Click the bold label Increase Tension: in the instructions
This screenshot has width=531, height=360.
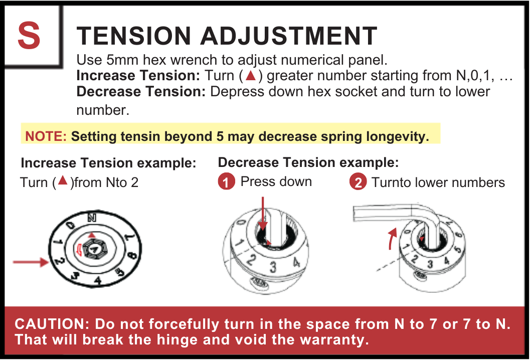point(138,76)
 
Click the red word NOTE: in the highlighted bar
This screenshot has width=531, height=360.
point(46,136)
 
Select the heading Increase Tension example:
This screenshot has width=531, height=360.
point(108,163)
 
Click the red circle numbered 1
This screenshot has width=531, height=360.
point(227,183)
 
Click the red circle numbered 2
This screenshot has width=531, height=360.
point(358,183)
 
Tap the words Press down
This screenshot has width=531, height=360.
point(276,182)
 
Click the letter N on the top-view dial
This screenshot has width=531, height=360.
point(91,217)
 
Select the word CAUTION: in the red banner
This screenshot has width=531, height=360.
point(52,324)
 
